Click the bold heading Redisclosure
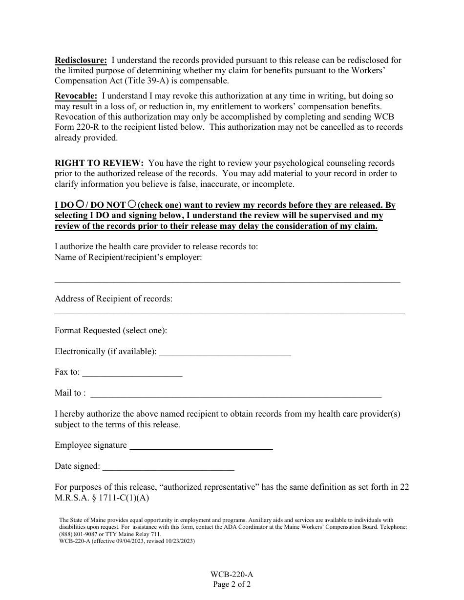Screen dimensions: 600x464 tap(81, 60)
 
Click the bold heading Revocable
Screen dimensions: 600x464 tap(76, 96)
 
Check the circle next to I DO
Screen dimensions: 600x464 tap(80, 205)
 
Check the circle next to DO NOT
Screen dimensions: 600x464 tap(132, 205)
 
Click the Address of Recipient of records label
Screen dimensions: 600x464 tap(113, 299)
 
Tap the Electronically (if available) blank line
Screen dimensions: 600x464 tap(225, 355)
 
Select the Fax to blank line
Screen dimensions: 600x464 tap(132, 375)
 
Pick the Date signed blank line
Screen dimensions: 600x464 tap(169, 469)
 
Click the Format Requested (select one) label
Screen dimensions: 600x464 tap(111, 330)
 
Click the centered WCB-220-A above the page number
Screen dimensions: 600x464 tap(232, 575)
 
